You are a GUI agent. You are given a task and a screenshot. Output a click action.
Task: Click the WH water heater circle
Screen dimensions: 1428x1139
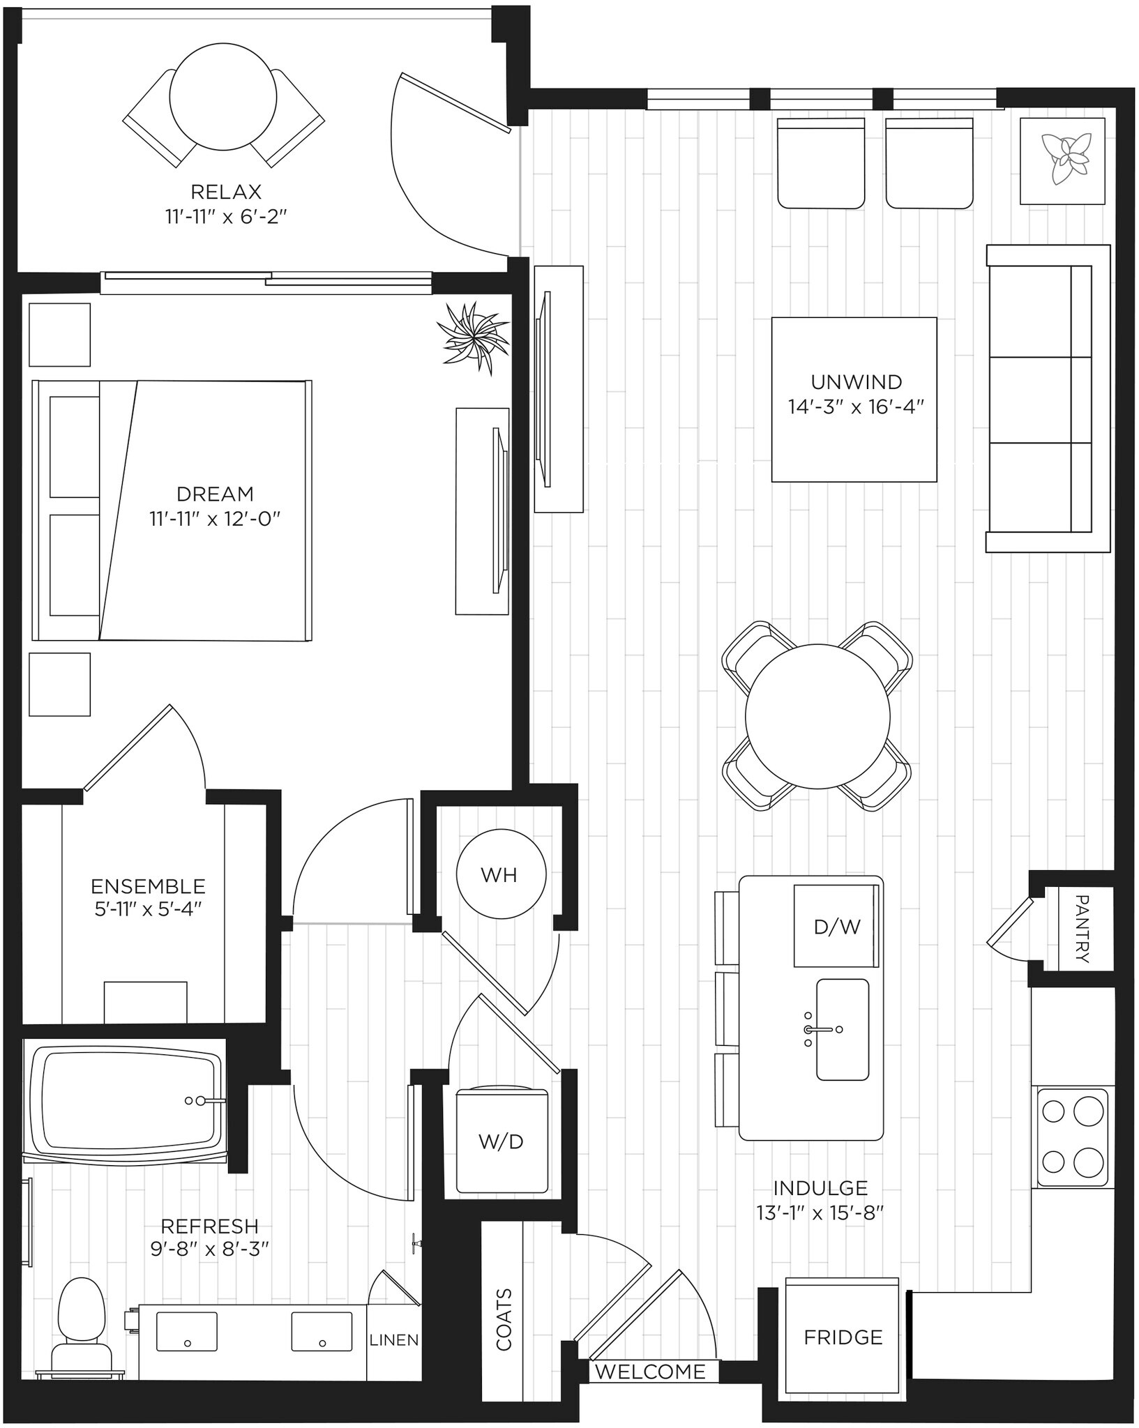coord(501,874)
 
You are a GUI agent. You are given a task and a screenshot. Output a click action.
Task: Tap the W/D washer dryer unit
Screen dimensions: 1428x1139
coord(501,1141)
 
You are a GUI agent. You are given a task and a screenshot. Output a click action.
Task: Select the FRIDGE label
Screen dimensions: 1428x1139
coord(843,1337)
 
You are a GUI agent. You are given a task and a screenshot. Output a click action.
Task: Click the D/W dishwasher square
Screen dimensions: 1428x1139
coord(836,927)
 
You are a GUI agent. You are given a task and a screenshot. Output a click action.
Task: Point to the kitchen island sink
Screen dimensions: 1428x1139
coord(843,1029)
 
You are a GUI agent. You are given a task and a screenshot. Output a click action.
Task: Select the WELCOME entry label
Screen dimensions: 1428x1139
coord(650,1372)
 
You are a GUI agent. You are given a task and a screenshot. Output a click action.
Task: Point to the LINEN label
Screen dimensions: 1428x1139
coord(394,1339)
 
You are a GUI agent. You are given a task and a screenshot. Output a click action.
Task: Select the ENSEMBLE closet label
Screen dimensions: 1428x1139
coord(148,886)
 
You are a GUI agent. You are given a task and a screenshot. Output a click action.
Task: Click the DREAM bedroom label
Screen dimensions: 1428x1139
coord(215,494)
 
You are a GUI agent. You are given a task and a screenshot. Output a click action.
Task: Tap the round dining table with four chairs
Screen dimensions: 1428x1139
coord(817,716)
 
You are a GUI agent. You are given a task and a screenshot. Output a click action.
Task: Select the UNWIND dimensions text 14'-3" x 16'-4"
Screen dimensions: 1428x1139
coord(856,407)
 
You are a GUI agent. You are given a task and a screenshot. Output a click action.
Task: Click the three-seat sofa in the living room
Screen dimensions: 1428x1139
coord(1046,398)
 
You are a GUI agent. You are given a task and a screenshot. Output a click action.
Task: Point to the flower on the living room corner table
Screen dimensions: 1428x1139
coord(1063,159)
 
